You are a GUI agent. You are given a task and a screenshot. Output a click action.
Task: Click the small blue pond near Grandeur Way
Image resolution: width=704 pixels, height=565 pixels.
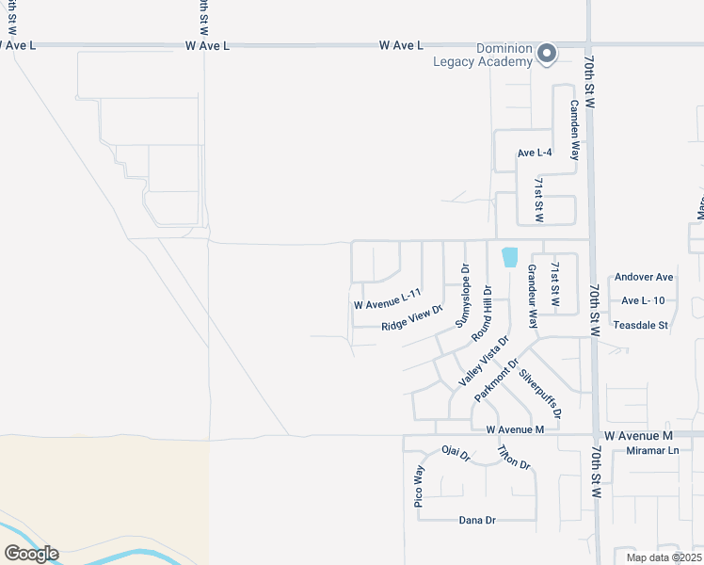pyautogui.click(x=510, y=256)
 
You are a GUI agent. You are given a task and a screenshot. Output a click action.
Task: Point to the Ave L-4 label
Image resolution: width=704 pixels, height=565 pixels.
pyautogui.click(x=535, y=153)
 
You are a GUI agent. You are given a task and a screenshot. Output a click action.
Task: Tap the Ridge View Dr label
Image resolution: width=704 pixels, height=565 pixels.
pyautogui.click(x=411, y=318)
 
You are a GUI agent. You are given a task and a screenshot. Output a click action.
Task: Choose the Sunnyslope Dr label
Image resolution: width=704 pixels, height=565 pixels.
pyautogui.click(x=462, y=296)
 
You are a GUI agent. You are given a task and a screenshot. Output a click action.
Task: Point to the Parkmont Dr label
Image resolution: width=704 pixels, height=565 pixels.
pyautogui.click(x=497, y=380)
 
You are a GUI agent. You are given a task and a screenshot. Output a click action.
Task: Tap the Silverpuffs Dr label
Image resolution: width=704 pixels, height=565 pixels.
pyautogui.click(x=539, y=393)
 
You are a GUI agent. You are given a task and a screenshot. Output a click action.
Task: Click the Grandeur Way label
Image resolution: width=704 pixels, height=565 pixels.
pyautogui.click(x=532, y=296)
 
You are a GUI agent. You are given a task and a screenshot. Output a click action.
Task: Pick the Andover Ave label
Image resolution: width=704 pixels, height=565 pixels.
pyautogui.click(x=644, y=278)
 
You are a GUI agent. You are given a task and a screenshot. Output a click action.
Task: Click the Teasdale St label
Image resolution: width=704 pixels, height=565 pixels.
pyautogui.click(x=640, y=325)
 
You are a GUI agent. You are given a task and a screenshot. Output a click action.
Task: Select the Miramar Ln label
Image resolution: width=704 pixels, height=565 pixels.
pyautogui.click(x=652, y=451)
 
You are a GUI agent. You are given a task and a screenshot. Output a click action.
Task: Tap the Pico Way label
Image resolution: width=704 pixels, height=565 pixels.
pyautogui.click(x=420, y=486)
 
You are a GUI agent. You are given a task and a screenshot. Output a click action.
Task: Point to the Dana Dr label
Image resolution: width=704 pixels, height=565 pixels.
pyautogui.click(x=477, y=520)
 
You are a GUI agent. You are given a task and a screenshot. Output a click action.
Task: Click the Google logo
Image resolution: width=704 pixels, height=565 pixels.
pyautogui.click(x=31, y=553)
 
